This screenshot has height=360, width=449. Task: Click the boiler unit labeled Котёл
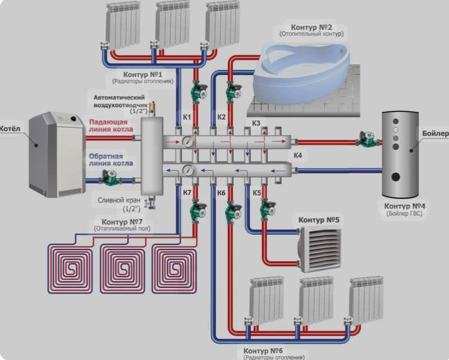tap(57, 154)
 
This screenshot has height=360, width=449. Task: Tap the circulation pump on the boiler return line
tap(110, 178)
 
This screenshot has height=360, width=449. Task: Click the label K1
tap(187, 117)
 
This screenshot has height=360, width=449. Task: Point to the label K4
tap(298, 155)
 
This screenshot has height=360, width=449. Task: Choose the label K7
tap(187, 193)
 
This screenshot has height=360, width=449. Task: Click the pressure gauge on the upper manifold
tap(187, 141)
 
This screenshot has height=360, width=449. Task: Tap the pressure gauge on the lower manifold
tap(188, 170)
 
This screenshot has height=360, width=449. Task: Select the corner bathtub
tap(301, 73)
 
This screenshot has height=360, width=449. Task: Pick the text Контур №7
tap(122, 222)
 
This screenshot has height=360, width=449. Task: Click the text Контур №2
tap(311, 27)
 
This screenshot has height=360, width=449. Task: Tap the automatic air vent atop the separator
tap(153, 107)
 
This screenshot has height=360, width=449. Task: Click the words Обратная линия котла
tap(111, 160)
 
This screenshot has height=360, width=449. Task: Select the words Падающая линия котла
tap(111, 126)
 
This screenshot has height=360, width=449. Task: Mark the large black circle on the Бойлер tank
tap(395, 177)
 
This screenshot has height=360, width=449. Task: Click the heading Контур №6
tap(263, 351)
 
